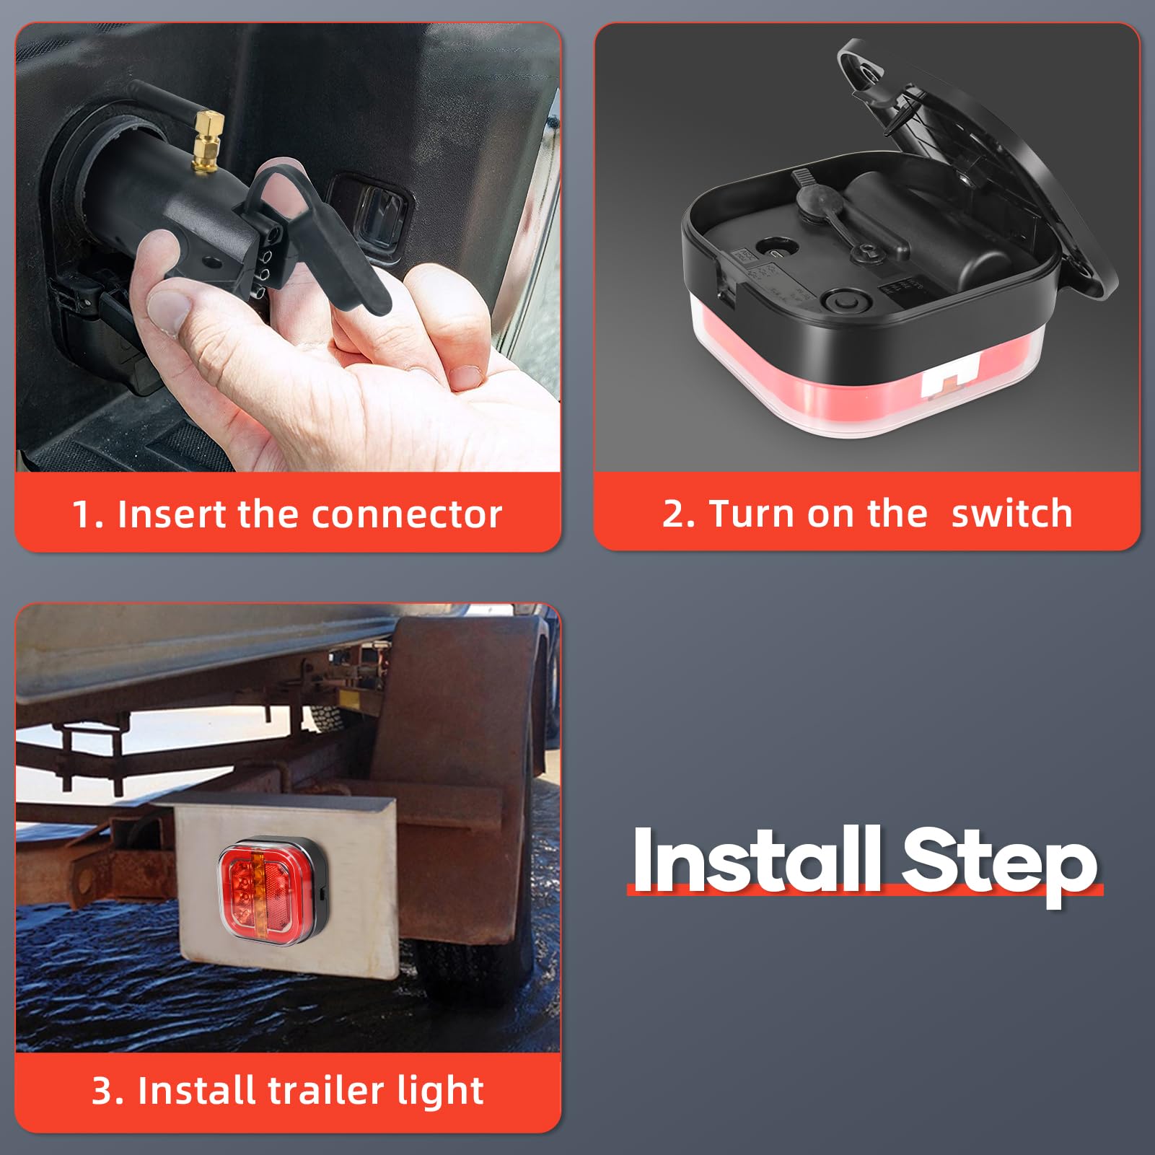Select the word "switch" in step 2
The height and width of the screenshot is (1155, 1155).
point(1011,514)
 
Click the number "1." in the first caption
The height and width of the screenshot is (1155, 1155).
point(89,514)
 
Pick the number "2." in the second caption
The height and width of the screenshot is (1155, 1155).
point(678,514)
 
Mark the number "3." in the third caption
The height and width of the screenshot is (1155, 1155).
point(109,1090)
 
